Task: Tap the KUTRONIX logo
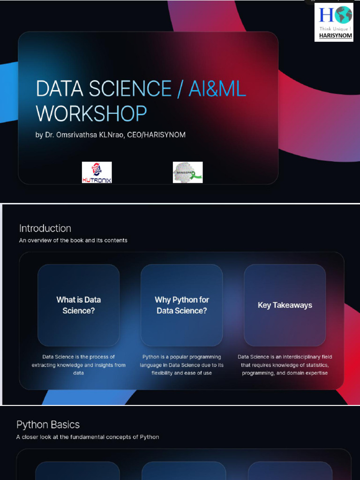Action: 97,172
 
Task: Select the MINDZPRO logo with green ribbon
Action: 187,172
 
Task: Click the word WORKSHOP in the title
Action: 91,113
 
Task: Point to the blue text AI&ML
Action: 217,89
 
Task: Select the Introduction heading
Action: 45,228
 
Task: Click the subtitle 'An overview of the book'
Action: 73,240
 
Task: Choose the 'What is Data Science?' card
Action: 79,305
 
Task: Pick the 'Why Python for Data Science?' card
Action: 182,305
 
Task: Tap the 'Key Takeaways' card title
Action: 285,305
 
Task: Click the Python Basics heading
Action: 48,425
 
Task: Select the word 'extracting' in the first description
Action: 44,365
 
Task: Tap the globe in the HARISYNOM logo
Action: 344,15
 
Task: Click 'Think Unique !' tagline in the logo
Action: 334,29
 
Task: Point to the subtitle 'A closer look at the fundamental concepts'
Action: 88,437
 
